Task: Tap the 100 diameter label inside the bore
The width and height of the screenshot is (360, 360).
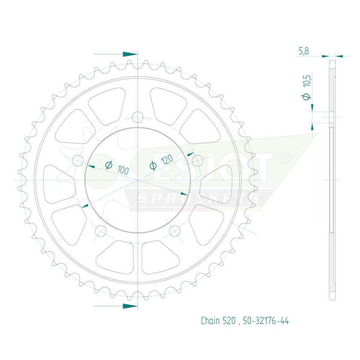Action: coord(123,169)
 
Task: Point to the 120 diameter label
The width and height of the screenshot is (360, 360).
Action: coord(166,160)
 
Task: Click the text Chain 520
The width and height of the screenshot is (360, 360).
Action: coord(218,321)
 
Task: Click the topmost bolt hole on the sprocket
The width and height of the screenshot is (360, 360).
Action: coord(138,117)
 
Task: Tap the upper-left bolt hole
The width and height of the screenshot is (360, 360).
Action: coord(78,161)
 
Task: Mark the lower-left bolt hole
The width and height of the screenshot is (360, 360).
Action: coord(101,231)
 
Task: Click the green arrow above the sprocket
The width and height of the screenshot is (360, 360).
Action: coord(130,54)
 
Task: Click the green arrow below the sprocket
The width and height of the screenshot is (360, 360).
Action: coord(130,306)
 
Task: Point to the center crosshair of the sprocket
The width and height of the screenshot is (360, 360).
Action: coord(138,180)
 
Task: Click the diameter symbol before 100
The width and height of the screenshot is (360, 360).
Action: coord(109,164)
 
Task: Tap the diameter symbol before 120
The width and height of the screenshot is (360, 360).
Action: coord(153,165)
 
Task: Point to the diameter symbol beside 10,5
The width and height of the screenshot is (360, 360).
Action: coord(306,97)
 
